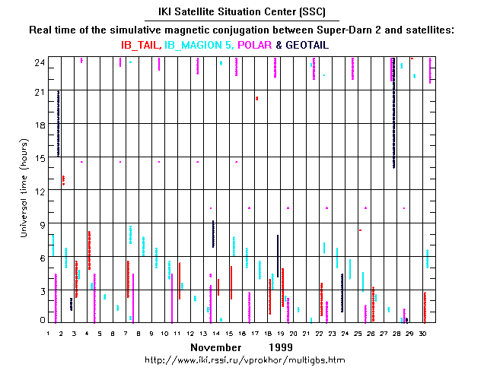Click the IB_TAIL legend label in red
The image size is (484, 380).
pyautogui.click(x=141, y=45)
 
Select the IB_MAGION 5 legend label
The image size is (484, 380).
pyautogui.click(x=200, y=45)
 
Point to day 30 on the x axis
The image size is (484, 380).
pyautogui.click(x=422, y=333)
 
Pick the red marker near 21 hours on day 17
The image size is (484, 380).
pyautogui.click(x=257, y=98)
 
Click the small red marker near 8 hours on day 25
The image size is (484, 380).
pyautogui.click(x=360, y=230)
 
